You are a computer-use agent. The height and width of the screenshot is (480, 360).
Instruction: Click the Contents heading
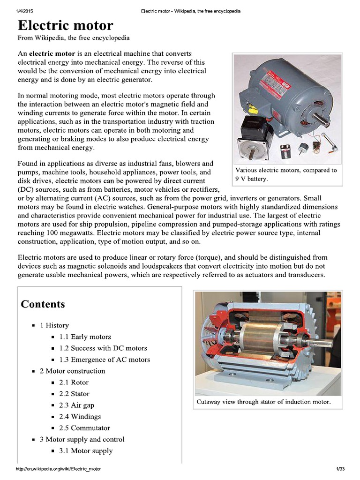tap(43, 304)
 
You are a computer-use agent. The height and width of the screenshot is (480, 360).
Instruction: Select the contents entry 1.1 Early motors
tap(85, 337)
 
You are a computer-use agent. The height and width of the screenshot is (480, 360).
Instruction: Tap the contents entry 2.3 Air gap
tap(76, 405)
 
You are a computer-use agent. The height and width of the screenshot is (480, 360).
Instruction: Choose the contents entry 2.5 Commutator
tap(84, 428)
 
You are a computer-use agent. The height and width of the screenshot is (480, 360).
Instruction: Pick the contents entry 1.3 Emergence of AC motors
tap(105, 360)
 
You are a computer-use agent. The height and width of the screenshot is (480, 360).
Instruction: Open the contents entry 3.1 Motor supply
tap(86, 451)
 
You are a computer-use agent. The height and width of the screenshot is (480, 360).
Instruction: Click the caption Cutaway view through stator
tap(263, 402)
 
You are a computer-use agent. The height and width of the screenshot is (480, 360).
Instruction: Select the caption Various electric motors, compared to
tap(286, 170)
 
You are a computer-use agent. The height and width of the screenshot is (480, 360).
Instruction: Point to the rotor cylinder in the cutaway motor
tap(260, 337)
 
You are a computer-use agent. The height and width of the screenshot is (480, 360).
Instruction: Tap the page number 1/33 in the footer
tap(340, 469)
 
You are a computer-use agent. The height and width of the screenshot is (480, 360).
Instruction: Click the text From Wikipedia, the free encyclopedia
tap(73, 37)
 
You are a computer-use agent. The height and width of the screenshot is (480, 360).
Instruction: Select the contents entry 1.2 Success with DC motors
tap(103, 348)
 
